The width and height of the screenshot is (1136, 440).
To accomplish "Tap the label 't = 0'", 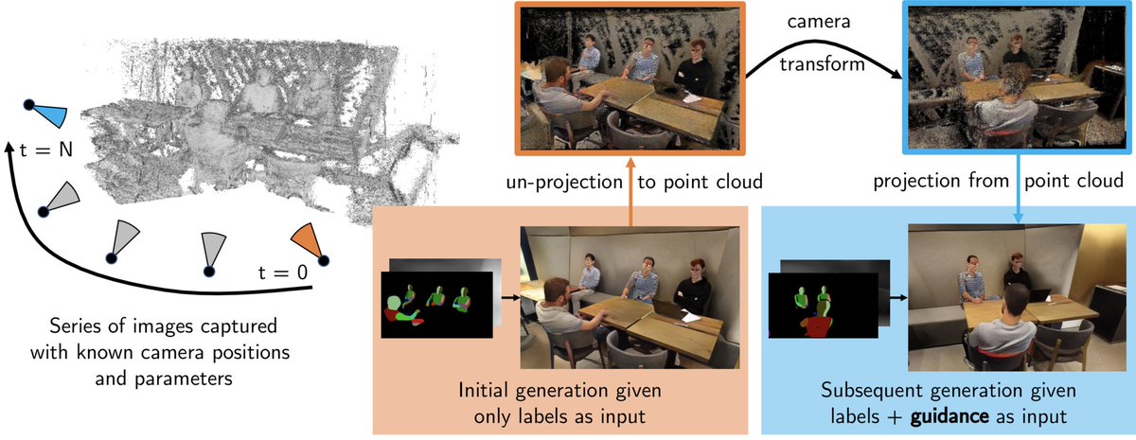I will click(x=283, y=273).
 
